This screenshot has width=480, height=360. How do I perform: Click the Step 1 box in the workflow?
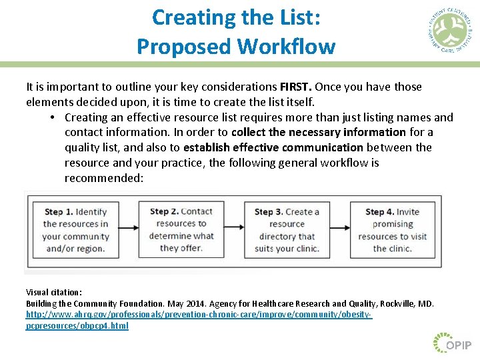[75, 230]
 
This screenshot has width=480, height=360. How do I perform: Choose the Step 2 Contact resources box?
[181, 230]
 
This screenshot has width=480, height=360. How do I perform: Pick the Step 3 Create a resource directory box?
[287, 230]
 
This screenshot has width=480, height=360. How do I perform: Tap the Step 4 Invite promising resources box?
[392, 230]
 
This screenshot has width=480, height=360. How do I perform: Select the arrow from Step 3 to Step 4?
[339, 229]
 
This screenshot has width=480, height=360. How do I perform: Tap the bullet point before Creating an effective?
[51, 117]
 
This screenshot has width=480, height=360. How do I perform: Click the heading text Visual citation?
[54, 292]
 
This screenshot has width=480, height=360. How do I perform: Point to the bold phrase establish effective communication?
[273, 147]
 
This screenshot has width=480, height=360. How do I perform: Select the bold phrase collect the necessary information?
[319, 132]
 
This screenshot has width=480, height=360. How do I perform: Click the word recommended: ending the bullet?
[103, 178]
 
